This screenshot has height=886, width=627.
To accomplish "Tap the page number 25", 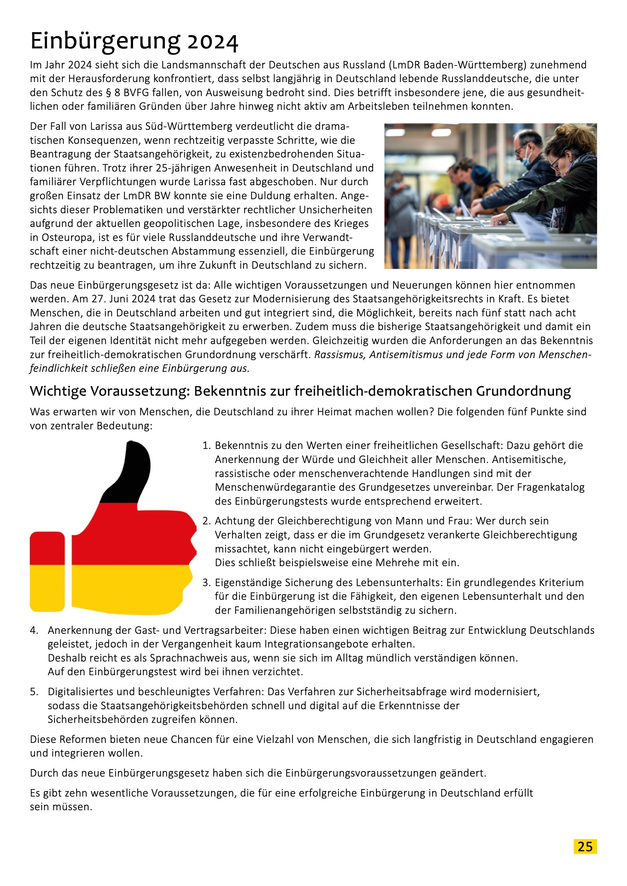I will click(x=585, y=846).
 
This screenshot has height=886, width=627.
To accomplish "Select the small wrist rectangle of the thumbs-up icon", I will click(x=47, y=571).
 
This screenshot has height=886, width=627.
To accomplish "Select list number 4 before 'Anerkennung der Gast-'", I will click(x=34, y=631).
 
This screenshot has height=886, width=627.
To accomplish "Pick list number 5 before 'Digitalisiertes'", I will click(x=34, y=692).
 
